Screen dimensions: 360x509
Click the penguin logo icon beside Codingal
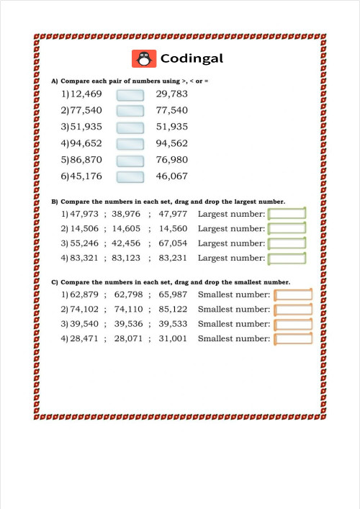[144, 58]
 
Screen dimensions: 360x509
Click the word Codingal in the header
[192, 58]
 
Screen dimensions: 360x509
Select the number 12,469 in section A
[86, 94]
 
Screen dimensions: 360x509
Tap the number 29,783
[171, 94]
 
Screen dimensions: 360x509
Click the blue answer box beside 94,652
[130, 143]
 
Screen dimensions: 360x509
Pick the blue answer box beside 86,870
[130, 160]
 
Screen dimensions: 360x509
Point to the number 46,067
[171, 176]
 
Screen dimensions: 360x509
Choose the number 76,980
[171, 160]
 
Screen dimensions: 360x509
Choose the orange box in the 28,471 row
[294, 339]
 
